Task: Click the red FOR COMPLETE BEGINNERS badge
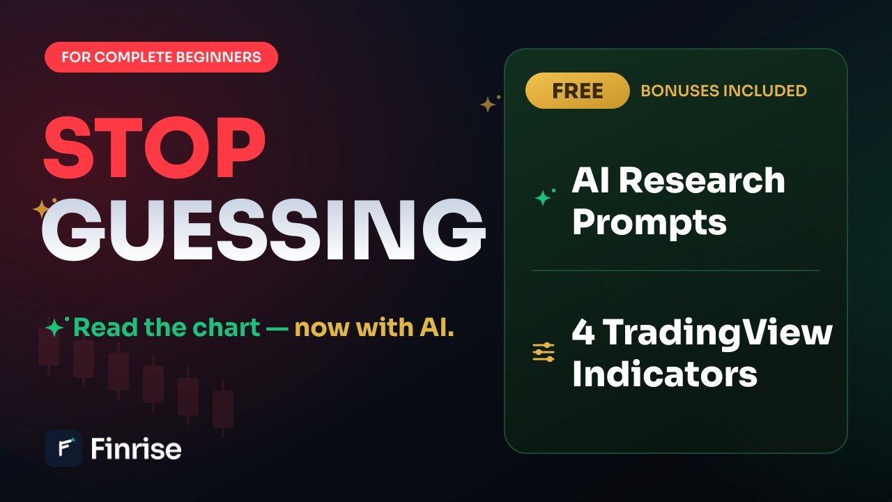point(161,57)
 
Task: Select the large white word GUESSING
point(263,230)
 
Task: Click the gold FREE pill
point(578,91)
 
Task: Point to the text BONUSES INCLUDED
point(723,91)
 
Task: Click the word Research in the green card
point(702,181)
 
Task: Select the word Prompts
point(649,223)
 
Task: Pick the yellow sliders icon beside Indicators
point(544,352)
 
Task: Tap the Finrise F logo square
point(63,448)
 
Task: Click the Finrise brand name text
point(136,448)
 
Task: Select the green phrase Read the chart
point(167,328)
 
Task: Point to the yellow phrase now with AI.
point(374,328)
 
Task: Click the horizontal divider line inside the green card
point(676,271)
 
